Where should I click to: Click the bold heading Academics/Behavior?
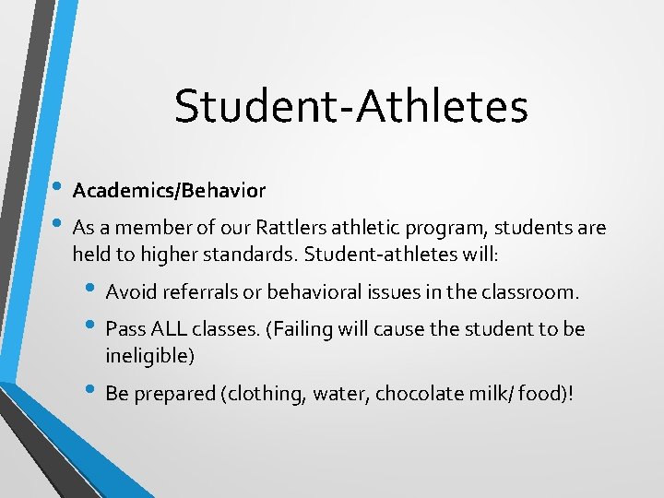pos(169,191)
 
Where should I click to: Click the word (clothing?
pos(264,393)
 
